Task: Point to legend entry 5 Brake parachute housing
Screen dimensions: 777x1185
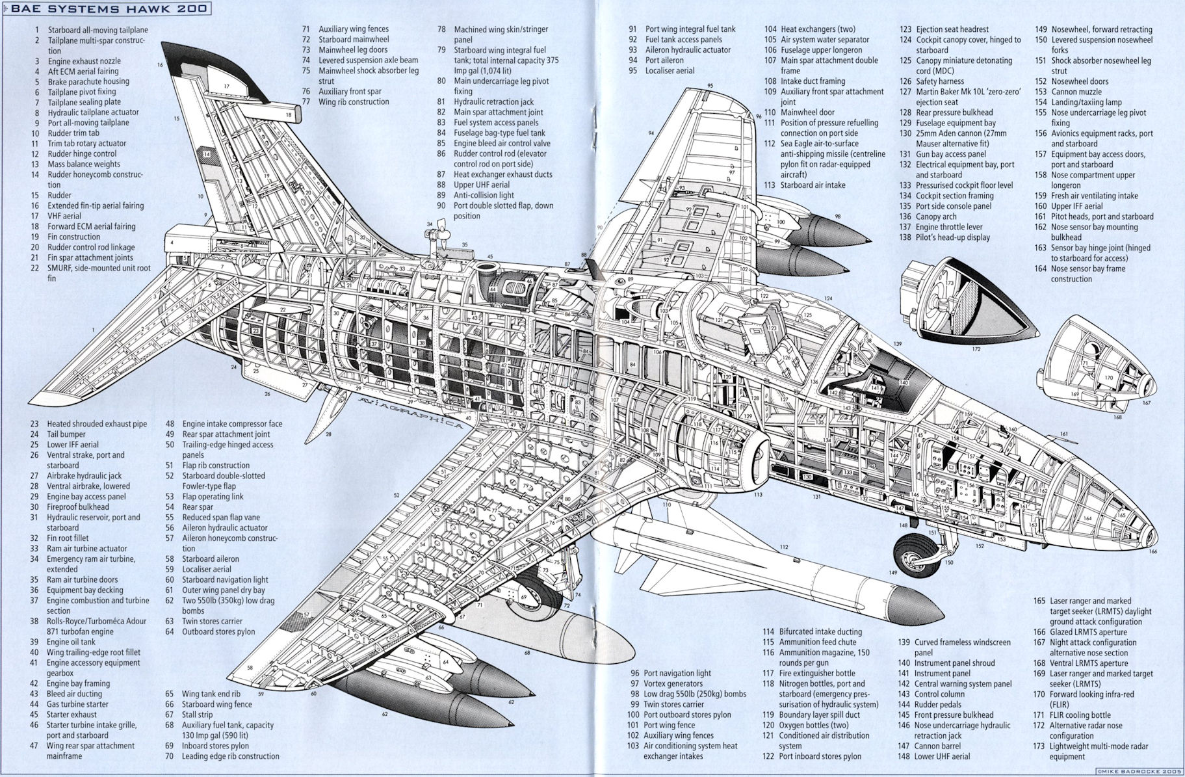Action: click(x=88, y=81)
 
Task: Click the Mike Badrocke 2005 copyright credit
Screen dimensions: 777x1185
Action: click(x=1137, y=770)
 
